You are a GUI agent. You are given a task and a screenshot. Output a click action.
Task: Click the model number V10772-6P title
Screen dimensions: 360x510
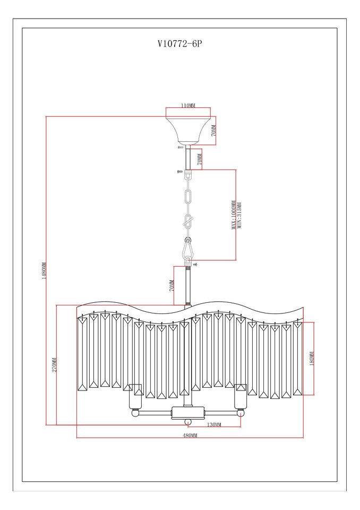[x=180, y=44]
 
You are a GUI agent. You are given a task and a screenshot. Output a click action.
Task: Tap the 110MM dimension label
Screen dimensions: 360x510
[x=188, y=105]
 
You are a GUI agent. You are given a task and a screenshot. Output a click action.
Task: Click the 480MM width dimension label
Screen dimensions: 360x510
[x=190, y=435]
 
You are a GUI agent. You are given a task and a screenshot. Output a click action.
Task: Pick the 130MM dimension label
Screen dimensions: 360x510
[x=213, y=425]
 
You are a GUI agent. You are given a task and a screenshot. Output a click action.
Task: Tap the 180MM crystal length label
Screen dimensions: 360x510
[x=312, y=358]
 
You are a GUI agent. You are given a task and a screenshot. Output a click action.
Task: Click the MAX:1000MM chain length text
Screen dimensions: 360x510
[x=234, y=215]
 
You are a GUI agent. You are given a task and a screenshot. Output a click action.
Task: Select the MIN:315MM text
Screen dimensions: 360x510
[x=239, y=215]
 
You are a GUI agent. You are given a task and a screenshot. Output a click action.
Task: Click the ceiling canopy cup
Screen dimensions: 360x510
[x=187, y=131]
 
